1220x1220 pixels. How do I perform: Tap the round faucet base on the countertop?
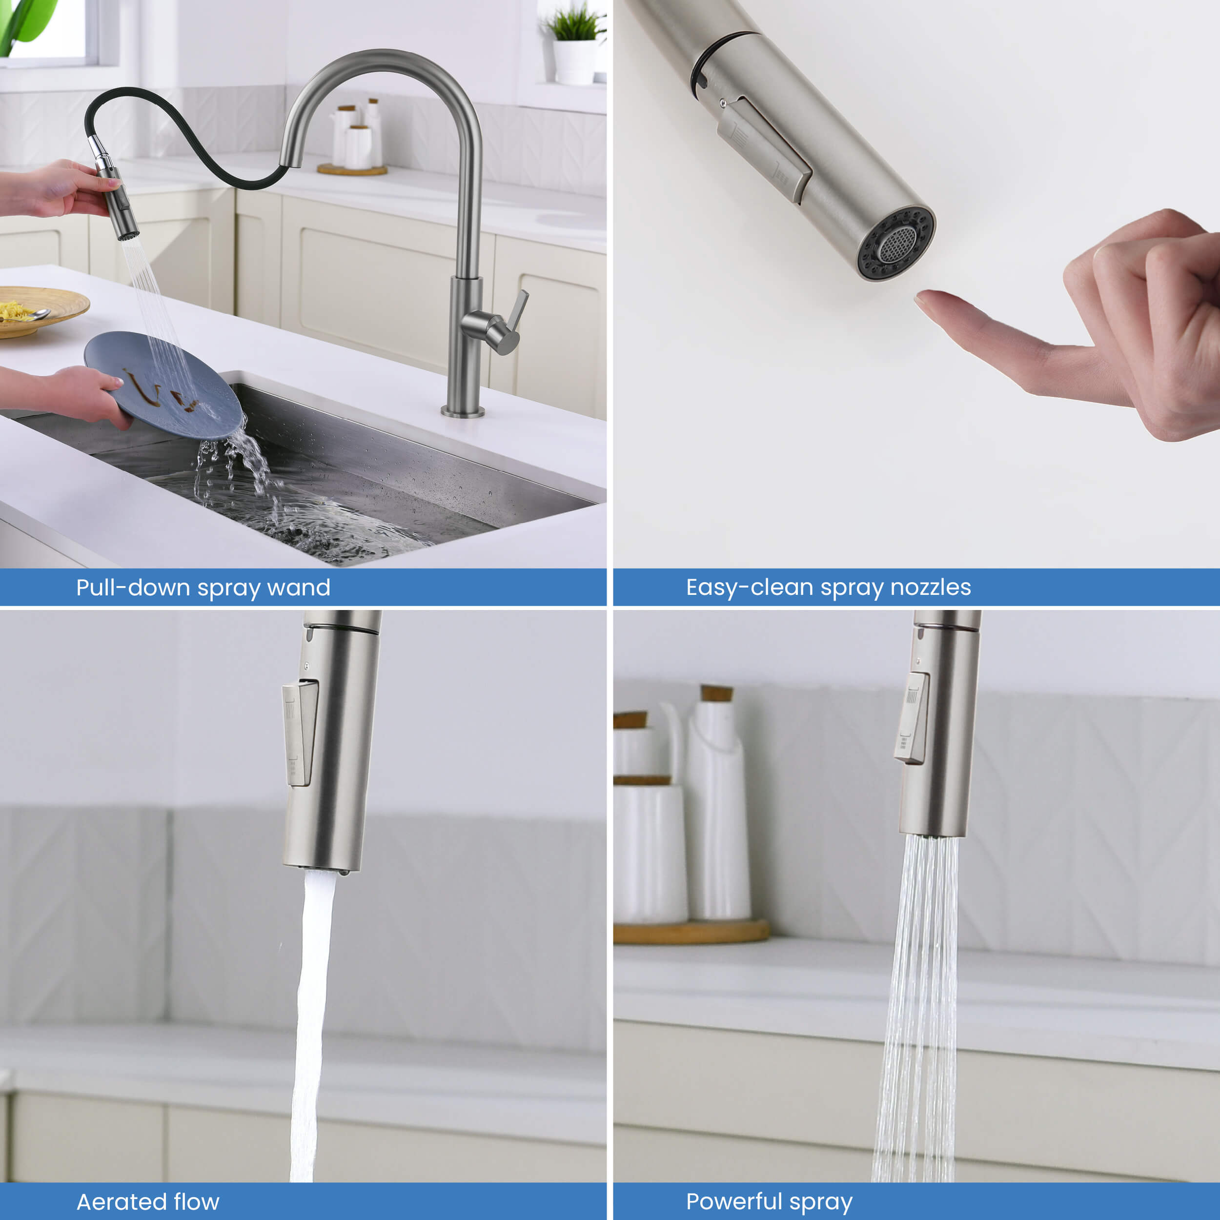tap(463, 412)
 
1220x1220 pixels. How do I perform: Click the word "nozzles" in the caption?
tap(930, 587)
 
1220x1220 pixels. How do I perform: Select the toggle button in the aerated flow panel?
tap(300, 732)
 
